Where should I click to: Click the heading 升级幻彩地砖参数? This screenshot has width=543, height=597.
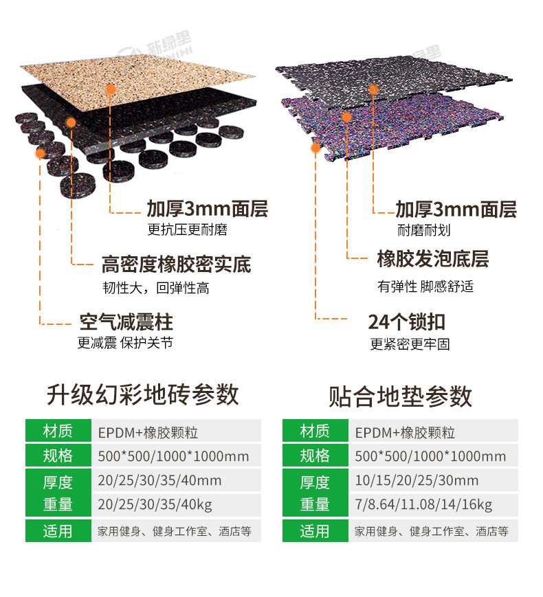pyautogui.click(x=143, y=394)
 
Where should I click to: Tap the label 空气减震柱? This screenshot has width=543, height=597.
pyautogui.click(x=126, y=322)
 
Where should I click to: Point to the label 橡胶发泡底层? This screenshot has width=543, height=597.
pyautogui.click(x=432, y=260)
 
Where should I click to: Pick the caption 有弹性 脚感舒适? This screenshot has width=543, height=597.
pyautogui.click(x=425, y=286)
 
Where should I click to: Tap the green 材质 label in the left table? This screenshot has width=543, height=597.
pyautogui.click(x=58, y=431)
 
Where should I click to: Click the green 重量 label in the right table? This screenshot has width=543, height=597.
pyautogui.click(x=315, y=505)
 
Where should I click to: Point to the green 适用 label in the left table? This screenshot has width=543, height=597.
pyautogui.click(x=58, y=531)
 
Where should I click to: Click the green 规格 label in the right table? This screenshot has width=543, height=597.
pyautogui.click(x=315, y=455)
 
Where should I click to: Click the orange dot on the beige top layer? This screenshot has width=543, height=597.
pyautogui.click(x=110, y=89)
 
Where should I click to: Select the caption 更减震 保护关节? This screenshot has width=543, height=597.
pyautogui.click(x=125, y=343)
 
